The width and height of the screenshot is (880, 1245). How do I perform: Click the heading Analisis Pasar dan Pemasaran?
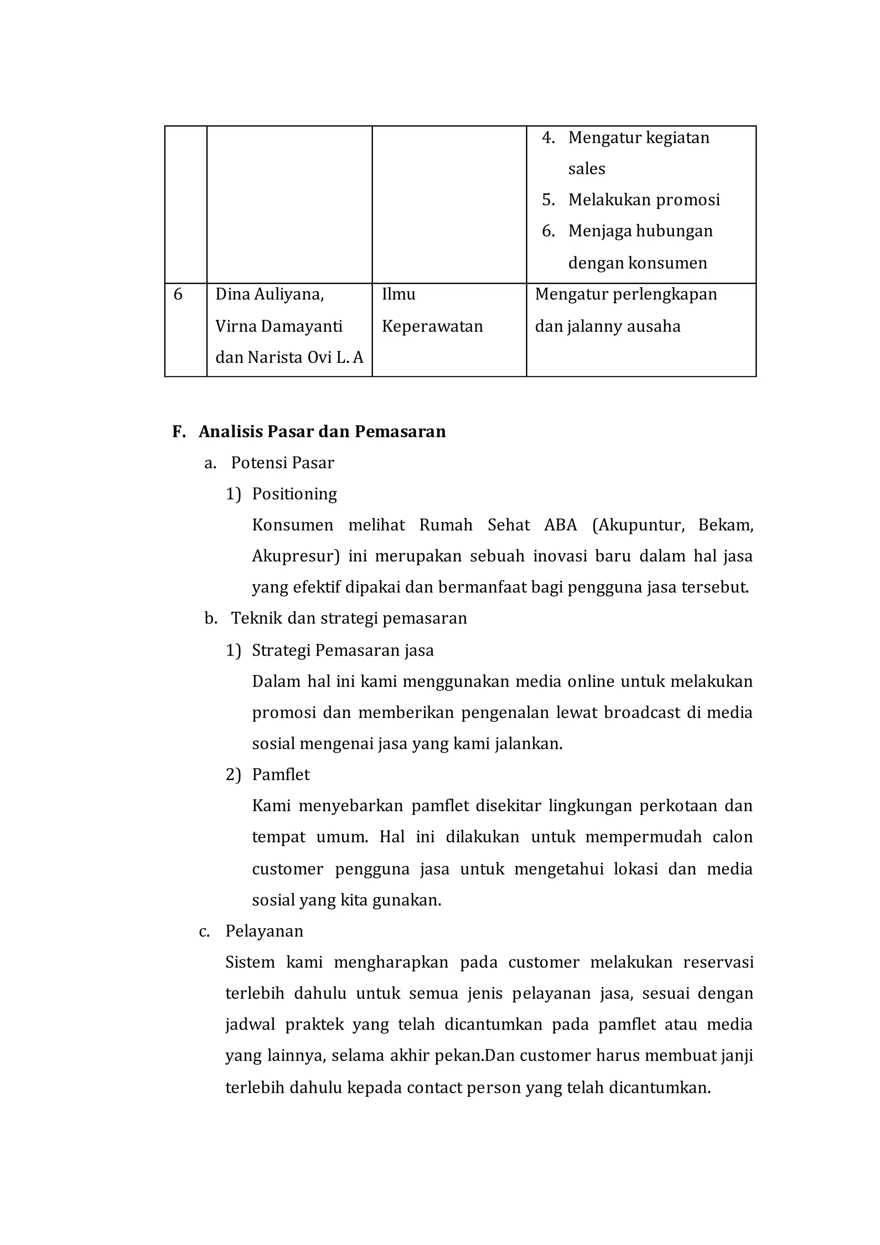point(322,432)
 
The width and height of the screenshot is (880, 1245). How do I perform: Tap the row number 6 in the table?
point(178,294)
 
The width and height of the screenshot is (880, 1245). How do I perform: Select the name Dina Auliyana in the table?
point(269,294)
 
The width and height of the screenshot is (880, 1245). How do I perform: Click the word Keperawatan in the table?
point(432,326)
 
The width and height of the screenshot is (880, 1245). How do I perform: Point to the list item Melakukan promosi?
point(644,200)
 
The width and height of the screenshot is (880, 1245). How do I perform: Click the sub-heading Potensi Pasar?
point(282,463)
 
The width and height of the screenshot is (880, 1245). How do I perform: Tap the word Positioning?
point(294,494)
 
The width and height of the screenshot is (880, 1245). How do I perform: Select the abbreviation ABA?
point(560,525)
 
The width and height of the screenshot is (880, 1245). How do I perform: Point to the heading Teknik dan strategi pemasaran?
point(348,619)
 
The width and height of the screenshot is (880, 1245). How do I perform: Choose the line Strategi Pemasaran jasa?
point(342,650)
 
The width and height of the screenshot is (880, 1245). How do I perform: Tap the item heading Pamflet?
point(281,775)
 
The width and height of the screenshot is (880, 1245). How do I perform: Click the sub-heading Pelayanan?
point(264,931)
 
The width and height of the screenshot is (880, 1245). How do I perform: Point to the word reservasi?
point(718,963)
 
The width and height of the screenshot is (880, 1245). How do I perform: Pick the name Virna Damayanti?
point(278,326)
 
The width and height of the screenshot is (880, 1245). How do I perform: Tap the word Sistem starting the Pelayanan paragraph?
point(250,963)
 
